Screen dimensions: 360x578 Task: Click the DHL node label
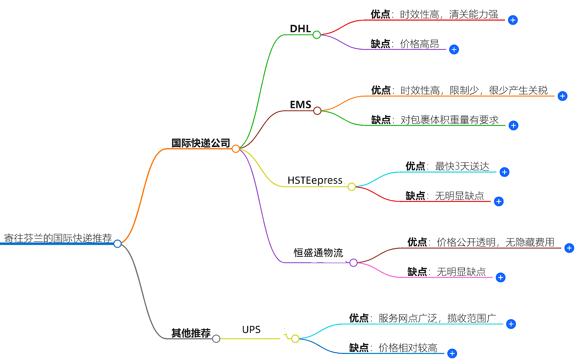300,29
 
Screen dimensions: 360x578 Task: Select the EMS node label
300,105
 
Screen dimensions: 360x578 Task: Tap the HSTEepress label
315,180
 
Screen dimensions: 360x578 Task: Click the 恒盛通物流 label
318,253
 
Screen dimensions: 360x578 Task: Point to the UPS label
251,330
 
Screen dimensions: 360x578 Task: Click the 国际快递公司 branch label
201,143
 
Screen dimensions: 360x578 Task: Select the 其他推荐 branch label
191,333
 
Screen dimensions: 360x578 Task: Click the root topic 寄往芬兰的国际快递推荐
58,238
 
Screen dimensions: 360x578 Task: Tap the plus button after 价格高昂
454,49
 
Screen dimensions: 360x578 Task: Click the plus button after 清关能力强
513,20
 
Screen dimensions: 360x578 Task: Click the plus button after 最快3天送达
504,172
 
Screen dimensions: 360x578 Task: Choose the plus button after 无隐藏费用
569,248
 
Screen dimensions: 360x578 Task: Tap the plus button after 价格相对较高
452,353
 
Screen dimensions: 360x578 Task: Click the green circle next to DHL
317,35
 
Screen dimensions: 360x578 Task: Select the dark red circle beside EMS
317,111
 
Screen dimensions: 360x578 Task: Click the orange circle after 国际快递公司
235,149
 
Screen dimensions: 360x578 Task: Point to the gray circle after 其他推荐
216,339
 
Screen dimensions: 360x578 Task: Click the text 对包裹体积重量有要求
449,120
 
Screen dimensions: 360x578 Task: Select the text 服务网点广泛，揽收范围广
437,318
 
